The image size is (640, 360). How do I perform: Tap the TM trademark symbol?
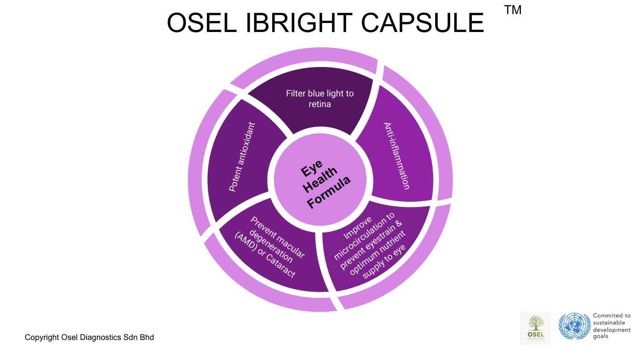pos(512,10)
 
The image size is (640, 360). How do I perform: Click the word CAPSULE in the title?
pos(422,23)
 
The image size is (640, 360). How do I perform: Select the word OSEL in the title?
pos(201,23)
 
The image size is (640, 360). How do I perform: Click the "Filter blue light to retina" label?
pos(320,99)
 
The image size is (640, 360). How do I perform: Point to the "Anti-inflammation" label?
pos(396,156)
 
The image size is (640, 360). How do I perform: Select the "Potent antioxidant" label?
pos(241,157)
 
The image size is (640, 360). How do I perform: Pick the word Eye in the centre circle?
pos(312,168)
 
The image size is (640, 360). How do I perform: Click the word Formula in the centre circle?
pos(329,192)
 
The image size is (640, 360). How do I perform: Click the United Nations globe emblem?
pos(573,327)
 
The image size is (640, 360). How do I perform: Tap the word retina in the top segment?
pos(320,104)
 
